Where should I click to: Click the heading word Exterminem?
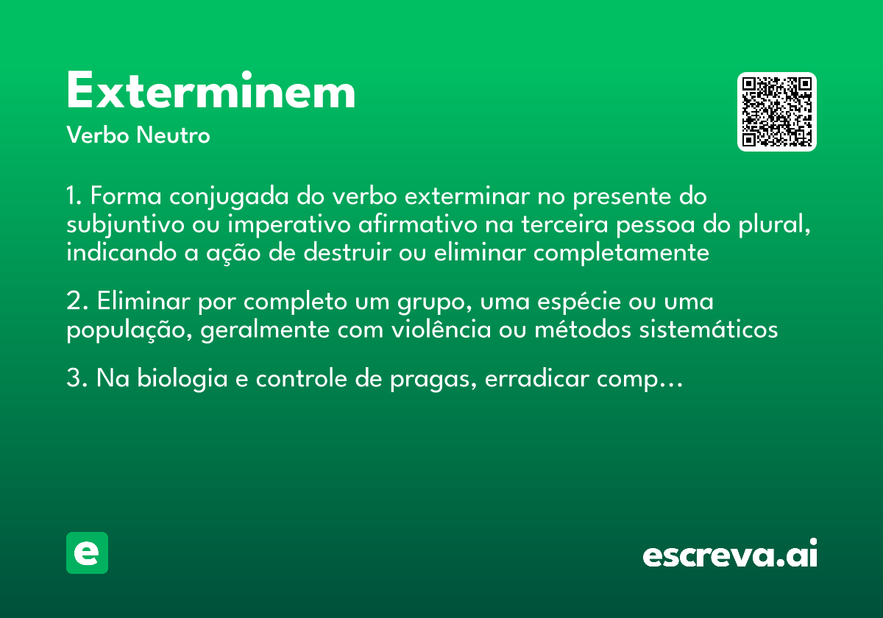click(x=211, y=91)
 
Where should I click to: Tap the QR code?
click(x=777, y=112)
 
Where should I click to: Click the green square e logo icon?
click(x=87, y=553)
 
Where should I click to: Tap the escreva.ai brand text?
click(x=730, y=554)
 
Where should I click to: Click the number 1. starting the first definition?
click(x=74, y=197)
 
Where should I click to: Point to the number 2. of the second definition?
click(x=77, y=302)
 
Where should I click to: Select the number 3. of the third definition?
click(x=77, y=380)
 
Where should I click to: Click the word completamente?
click(x=622, y=252)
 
